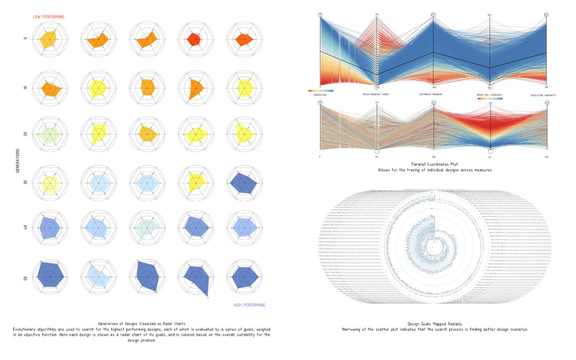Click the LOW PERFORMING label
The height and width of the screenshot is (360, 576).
(x=49, y=17)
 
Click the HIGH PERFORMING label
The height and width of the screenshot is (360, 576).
(x=249, y=305)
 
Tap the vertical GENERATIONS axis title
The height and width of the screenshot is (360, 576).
(x=18, y=160)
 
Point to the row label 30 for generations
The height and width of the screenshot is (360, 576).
(x=26, y=182)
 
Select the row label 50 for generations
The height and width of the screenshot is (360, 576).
(x=26, y=278)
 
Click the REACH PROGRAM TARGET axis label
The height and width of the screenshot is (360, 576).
(x=376, y=95)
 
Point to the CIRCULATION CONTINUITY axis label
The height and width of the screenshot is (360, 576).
(x=543, y=95)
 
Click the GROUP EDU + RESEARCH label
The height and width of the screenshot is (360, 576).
(x=489, y=95)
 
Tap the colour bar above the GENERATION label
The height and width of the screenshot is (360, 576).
(x=320, y=91)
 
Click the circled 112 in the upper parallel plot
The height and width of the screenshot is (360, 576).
(x=376, y=87)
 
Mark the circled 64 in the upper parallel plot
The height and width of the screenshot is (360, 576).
(x=490, y=87)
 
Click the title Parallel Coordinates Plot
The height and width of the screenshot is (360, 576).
(x=434, y=164)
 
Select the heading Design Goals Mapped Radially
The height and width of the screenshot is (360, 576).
(x=434, y=324)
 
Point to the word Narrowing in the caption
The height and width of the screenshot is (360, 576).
(x=353, y=330)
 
